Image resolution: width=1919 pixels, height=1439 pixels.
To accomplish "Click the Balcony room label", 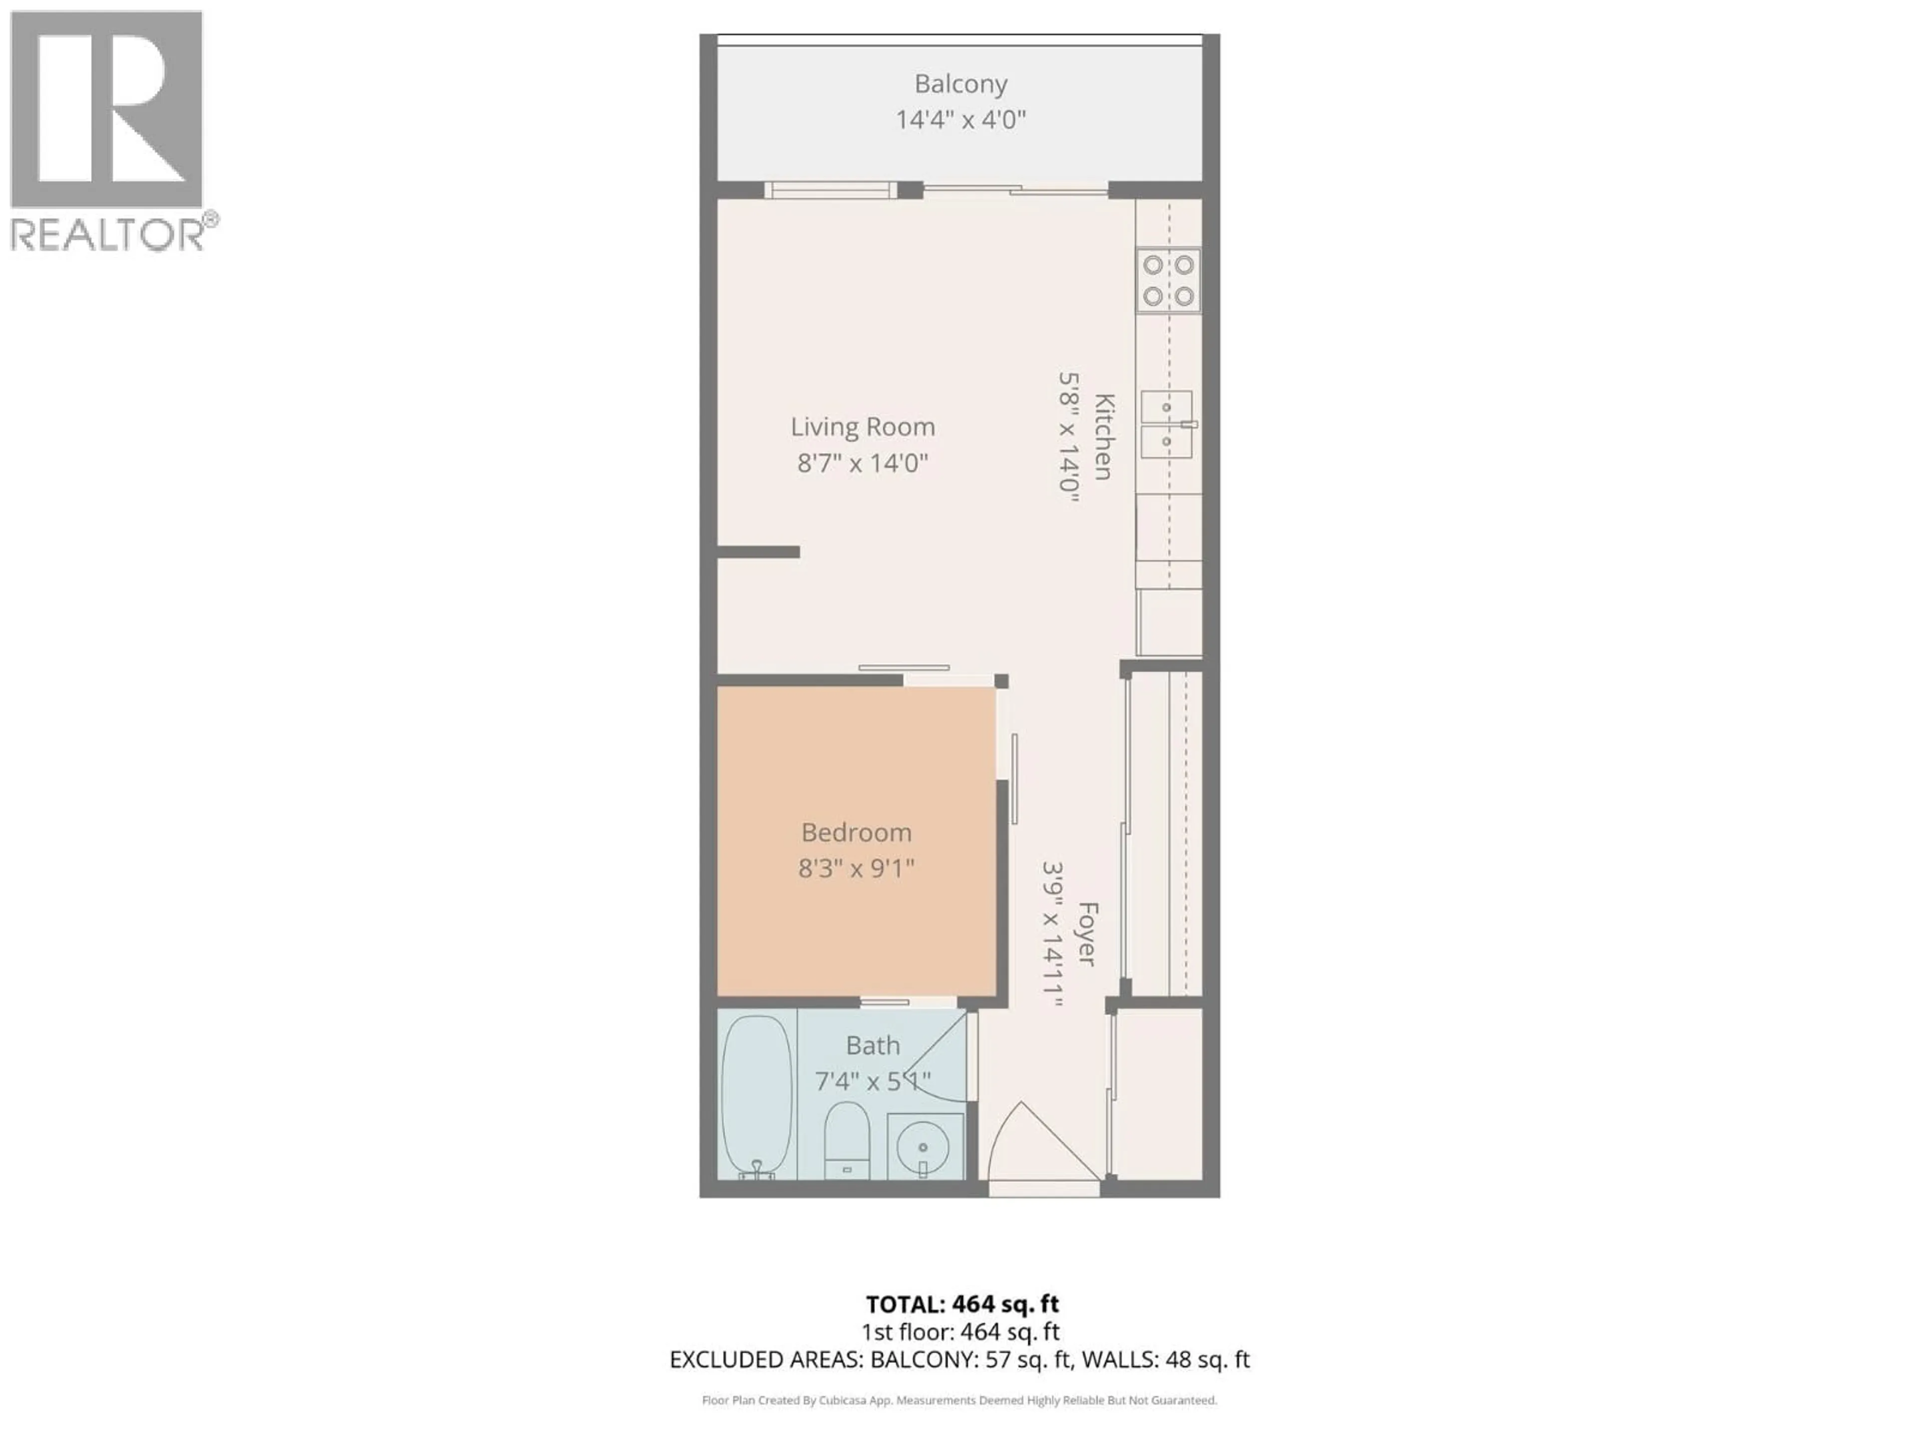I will click(x=960, y=84).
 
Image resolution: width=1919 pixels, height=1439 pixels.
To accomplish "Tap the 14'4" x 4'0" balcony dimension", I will click(x=960, y=120).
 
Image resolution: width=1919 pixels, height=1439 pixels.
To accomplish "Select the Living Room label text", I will click(x=863, y=427).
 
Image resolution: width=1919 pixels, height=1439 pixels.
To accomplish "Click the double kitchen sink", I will click(x=1167, y=424).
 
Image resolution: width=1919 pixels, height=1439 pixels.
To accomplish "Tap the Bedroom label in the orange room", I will click(x=856, y=833).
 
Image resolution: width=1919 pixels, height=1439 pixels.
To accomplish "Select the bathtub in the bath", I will click(x=757, y=1096).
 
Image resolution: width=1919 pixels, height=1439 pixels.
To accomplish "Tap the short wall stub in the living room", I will click(x=758, y=552).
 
